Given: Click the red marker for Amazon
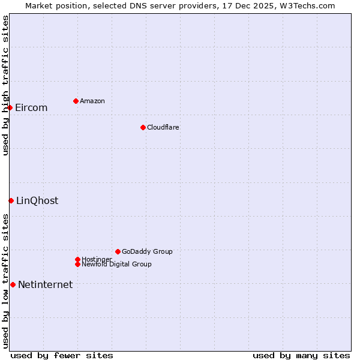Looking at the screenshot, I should click(76, 101).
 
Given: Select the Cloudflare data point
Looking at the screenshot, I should click(143, 127).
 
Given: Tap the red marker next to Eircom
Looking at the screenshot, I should click(10, 107).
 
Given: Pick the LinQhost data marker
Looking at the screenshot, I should click(11, 200).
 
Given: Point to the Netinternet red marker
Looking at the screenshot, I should click(13, 284).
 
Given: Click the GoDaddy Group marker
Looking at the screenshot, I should click(118, 251).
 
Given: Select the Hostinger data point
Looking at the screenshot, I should click(77, 259).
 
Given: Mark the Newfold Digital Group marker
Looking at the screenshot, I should click(77, 264).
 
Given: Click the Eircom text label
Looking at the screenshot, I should click(31, 108).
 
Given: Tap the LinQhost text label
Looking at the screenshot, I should click(37, 201).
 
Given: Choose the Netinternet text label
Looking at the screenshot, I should click(45, 285).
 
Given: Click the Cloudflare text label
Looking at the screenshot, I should click(163, 128).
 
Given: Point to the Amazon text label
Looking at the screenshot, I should click(92, 101).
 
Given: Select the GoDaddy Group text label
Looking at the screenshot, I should click(147, 252).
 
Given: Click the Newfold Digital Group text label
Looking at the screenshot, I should click(116, 265).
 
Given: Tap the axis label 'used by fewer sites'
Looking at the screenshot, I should click(62, 356).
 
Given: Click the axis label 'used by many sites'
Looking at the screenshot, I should click(301, 356).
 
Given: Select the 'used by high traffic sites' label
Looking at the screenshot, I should click(5, 85).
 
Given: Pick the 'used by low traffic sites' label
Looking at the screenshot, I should click(5, 281).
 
